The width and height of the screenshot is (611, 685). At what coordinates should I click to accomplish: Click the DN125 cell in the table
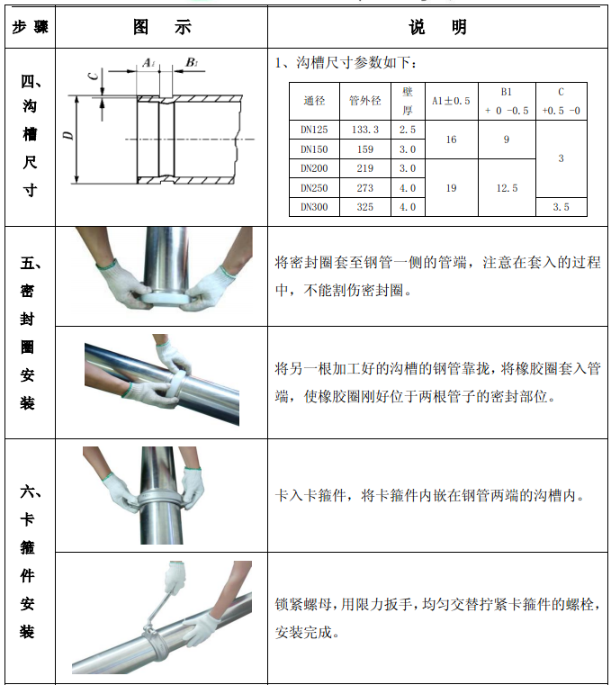[314, 130]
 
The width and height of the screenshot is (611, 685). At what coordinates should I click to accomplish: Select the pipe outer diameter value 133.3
[365, 130]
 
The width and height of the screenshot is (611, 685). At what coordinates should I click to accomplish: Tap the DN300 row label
[314, 207]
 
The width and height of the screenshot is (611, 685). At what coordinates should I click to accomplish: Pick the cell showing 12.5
[507, 188]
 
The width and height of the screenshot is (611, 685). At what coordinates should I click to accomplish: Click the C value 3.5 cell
[561, 207]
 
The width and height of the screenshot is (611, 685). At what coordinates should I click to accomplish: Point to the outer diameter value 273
[365, 188]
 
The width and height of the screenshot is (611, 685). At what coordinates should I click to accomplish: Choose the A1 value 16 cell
[451, 140]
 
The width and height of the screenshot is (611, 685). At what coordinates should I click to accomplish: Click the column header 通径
[314, 101]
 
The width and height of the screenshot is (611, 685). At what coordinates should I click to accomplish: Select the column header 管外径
[365, 101]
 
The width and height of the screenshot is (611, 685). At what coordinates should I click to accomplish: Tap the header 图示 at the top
[162, 27]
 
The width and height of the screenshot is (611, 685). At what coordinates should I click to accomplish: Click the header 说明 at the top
[437, 27]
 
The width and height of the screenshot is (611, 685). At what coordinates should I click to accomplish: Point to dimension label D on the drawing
[68, 135]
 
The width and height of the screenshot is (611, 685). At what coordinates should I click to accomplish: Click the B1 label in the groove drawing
[192, 62]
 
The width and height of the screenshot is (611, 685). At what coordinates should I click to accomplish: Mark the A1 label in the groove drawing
[148, 63]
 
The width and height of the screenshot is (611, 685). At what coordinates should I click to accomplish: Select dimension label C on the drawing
[93, 77]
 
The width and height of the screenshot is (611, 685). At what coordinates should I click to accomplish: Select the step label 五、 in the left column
[31, 264]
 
